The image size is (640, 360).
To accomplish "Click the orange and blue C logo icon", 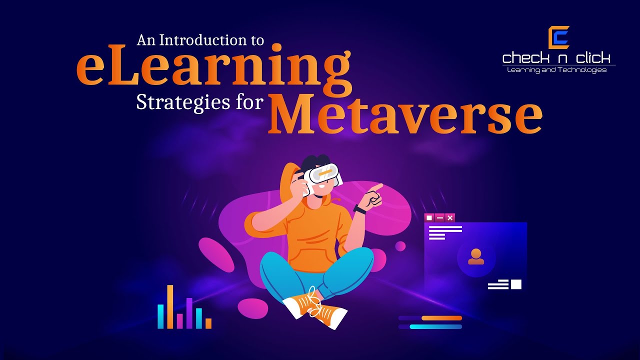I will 558,37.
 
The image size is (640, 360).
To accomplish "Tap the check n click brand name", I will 556,58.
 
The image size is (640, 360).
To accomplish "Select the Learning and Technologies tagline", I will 556,70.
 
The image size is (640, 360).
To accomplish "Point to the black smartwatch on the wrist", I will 359,209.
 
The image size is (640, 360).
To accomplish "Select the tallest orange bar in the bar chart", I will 170,306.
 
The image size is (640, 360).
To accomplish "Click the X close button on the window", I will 450,217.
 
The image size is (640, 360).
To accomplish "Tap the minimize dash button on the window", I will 439,217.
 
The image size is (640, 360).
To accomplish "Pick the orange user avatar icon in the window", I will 476,256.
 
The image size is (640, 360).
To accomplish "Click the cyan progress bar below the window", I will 435,327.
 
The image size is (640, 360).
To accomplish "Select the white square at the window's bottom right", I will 516,284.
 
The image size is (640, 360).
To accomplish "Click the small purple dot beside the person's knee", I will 400,246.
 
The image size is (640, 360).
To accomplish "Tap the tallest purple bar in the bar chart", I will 189,313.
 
